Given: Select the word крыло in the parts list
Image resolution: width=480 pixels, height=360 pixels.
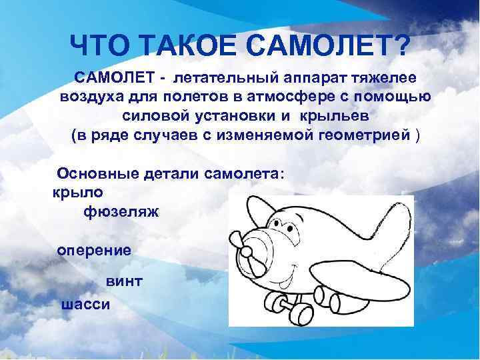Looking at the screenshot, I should click(x=74, y=193).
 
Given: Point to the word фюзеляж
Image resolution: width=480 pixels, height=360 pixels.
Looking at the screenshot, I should click(x=121, y=212).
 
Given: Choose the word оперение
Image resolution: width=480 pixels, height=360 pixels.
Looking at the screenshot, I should click(x=94, y=250).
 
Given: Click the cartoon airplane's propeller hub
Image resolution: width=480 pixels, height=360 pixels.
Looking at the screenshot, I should click(x=246, y=252).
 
